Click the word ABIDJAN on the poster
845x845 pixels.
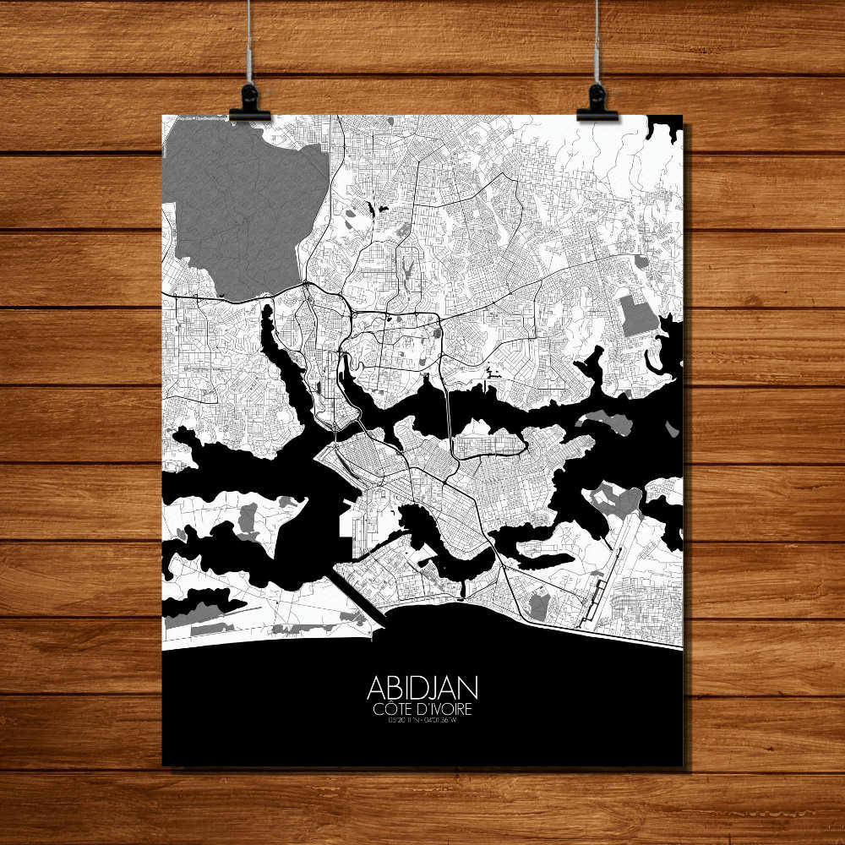tap(422, 686)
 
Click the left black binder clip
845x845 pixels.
tap(249, 103)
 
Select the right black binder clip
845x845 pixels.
tap(597, 103)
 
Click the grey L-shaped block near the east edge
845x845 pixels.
tap(638, 317)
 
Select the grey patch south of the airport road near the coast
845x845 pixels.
tap(537, 605)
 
